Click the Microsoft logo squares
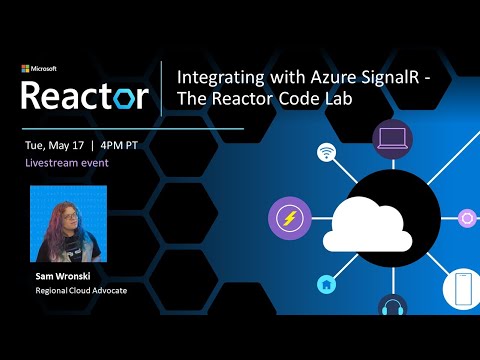click(x=25, y=69)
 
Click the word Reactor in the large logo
click(x=85, y=96)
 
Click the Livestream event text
click(x=67, y=162)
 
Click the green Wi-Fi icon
click(x=326, y=153)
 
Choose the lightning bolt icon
click(x=290, y=218)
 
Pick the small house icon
click(x=326, y=285)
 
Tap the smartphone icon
click(x=461, y=287)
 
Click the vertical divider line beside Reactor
click(x=162, y=88)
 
